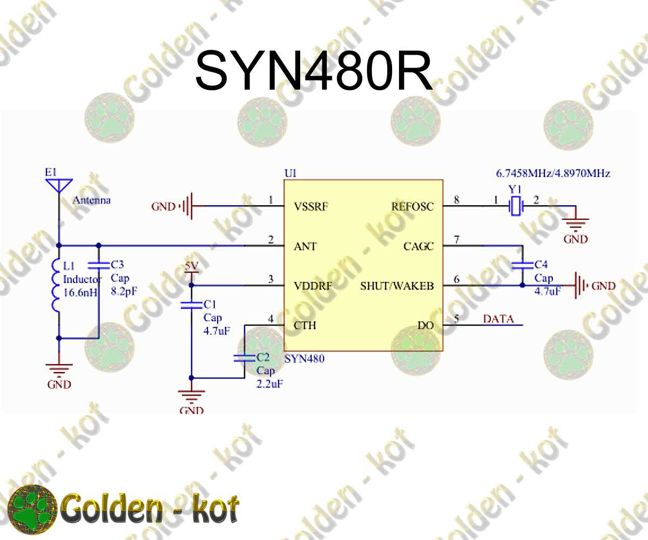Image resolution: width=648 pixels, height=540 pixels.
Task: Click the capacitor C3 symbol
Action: (x=98, y=265)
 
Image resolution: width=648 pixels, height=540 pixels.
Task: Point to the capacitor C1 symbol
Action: (x=191, y=305)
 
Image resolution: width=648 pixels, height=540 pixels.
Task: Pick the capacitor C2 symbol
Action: (x=244, y=357)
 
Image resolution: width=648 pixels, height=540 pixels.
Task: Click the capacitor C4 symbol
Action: (x=522, y=265)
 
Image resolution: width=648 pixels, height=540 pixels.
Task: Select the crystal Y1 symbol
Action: (x=516, y=206)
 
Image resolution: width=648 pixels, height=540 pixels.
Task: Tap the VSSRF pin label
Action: (x=312, y=206)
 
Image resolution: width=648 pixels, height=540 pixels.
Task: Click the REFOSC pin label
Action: (x=413, y=206)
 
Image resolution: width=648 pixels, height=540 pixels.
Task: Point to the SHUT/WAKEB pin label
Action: (x=397, y=286)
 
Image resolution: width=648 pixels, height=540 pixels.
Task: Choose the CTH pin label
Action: (x=305, y=326)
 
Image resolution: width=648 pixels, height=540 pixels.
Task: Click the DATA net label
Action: (x=498, y=319)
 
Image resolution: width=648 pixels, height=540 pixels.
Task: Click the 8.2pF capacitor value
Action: (x=123, y=292)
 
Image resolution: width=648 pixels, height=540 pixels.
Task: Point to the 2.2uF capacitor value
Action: (x=270, y=384)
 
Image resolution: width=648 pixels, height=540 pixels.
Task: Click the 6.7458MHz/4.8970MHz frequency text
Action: (x=553, y=173)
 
